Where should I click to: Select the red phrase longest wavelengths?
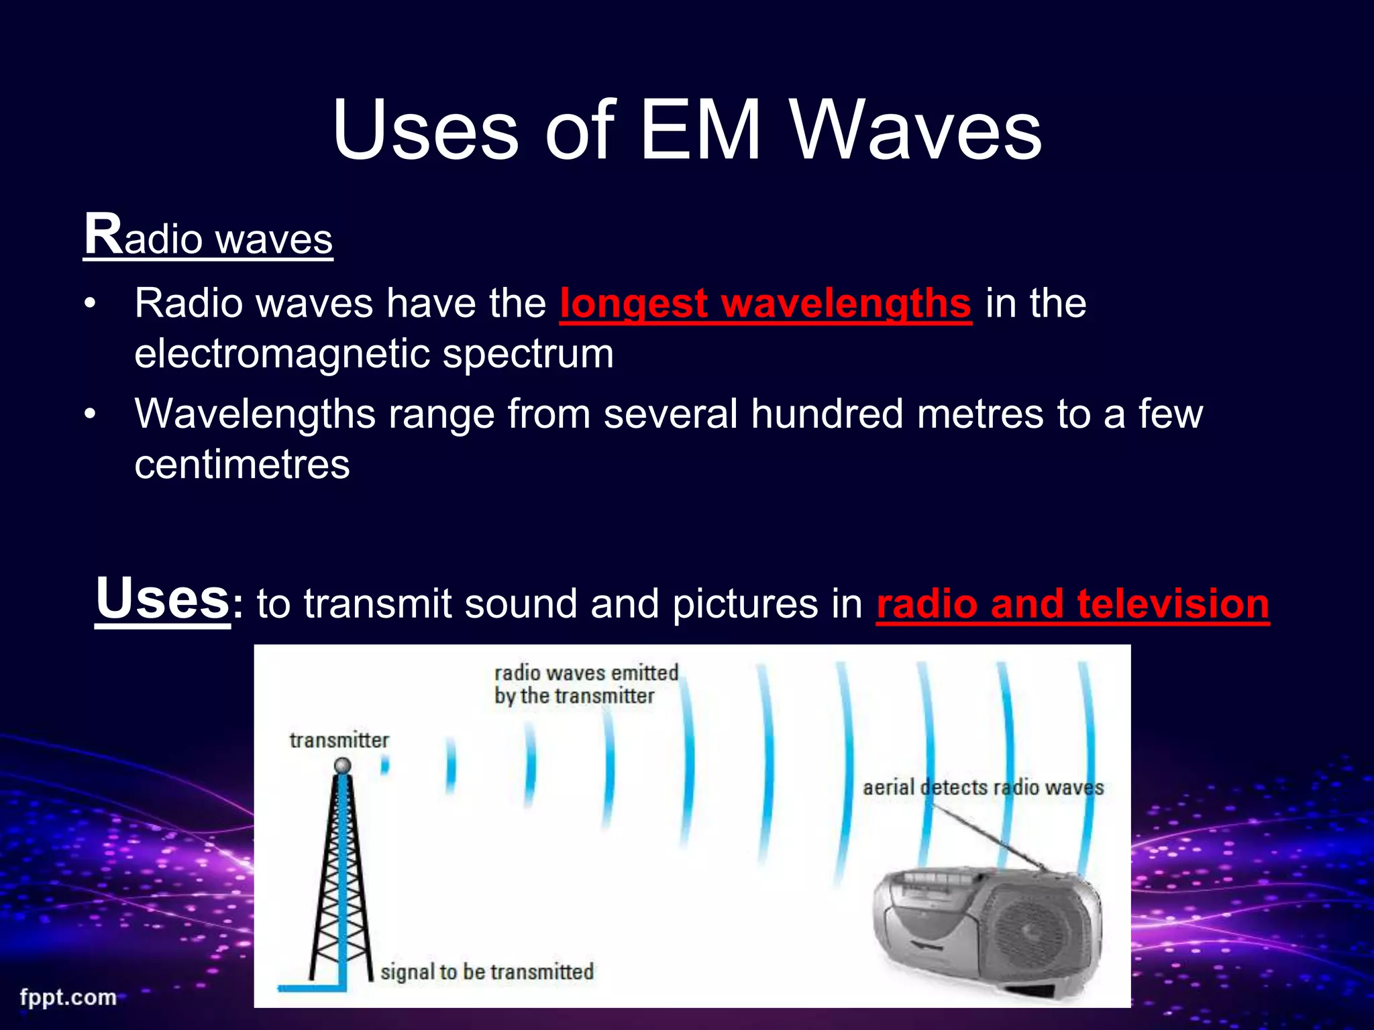765,303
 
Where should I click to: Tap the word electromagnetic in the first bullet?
282,353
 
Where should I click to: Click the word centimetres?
242,464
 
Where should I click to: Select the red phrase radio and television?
1072,604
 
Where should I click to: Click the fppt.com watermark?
68,997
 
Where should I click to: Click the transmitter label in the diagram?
339,740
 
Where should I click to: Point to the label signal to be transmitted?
487,972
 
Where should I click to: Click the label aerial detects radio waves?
983,787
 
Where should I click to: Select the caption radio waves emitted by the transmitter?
586,684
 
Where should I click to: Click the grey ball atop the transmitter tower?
343,766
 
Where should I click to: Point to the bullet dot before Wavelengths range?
90,414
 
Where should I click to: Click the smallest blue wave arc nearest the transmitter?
385,764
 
